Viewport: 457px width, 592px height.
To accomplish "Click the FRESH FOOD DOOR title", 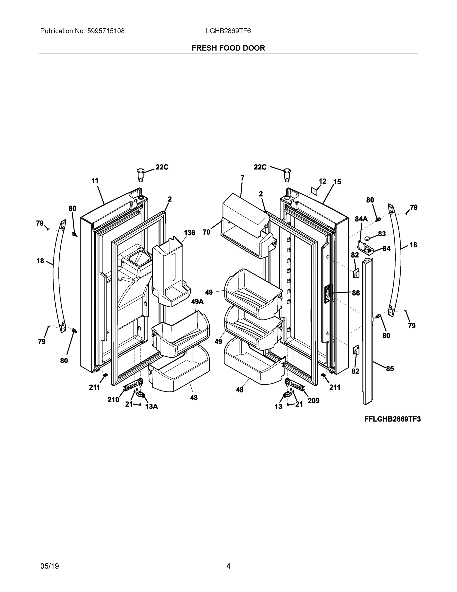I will click(x=228, y=48).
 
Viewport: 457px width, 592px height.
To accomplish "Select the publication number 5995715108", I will click(x=106, y=31).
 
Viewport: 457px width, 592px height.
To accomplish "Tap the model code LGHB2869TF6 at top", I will click(x=228, y=31).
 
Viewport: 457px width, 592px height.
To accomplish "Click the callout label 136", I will click(x=189, y=233).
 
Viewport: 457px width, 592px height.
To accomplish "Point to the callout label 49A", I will click(x=197, y=302).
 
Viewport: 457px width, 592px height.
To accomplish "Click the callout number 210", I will click(x=113, y=400).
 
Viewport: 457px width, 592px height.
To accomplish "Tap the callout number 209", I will click(x=314, y=401).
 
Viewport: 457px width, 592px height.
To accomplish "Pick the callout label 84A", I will click(x=361, y=219).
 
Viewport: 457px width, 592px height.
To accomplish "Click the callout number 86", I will click(x=356, y=293).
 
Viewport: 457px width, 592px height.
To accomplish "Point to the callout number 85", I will click(x=389, y=369).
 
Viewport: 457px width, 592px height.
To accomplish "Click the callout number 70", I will click(x=206, y=232).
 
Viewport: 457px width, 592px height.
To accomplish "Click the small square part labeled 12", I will click(x=314, y=191).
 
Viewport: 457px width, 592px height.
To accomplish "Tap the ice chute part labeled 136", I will click(x=169, y=274).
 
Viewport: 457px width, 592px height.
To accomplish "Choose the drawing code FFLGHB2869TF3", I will click(x=392, y=419).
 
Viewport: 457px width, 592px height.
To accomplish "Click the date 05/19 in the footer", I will click(x=50, y=566).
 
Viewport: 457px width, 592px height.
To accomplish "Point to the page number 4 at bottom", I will click(x=228, y=566).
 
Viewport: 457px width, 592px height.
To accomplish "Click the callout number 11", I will click(x=95, y=181).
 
